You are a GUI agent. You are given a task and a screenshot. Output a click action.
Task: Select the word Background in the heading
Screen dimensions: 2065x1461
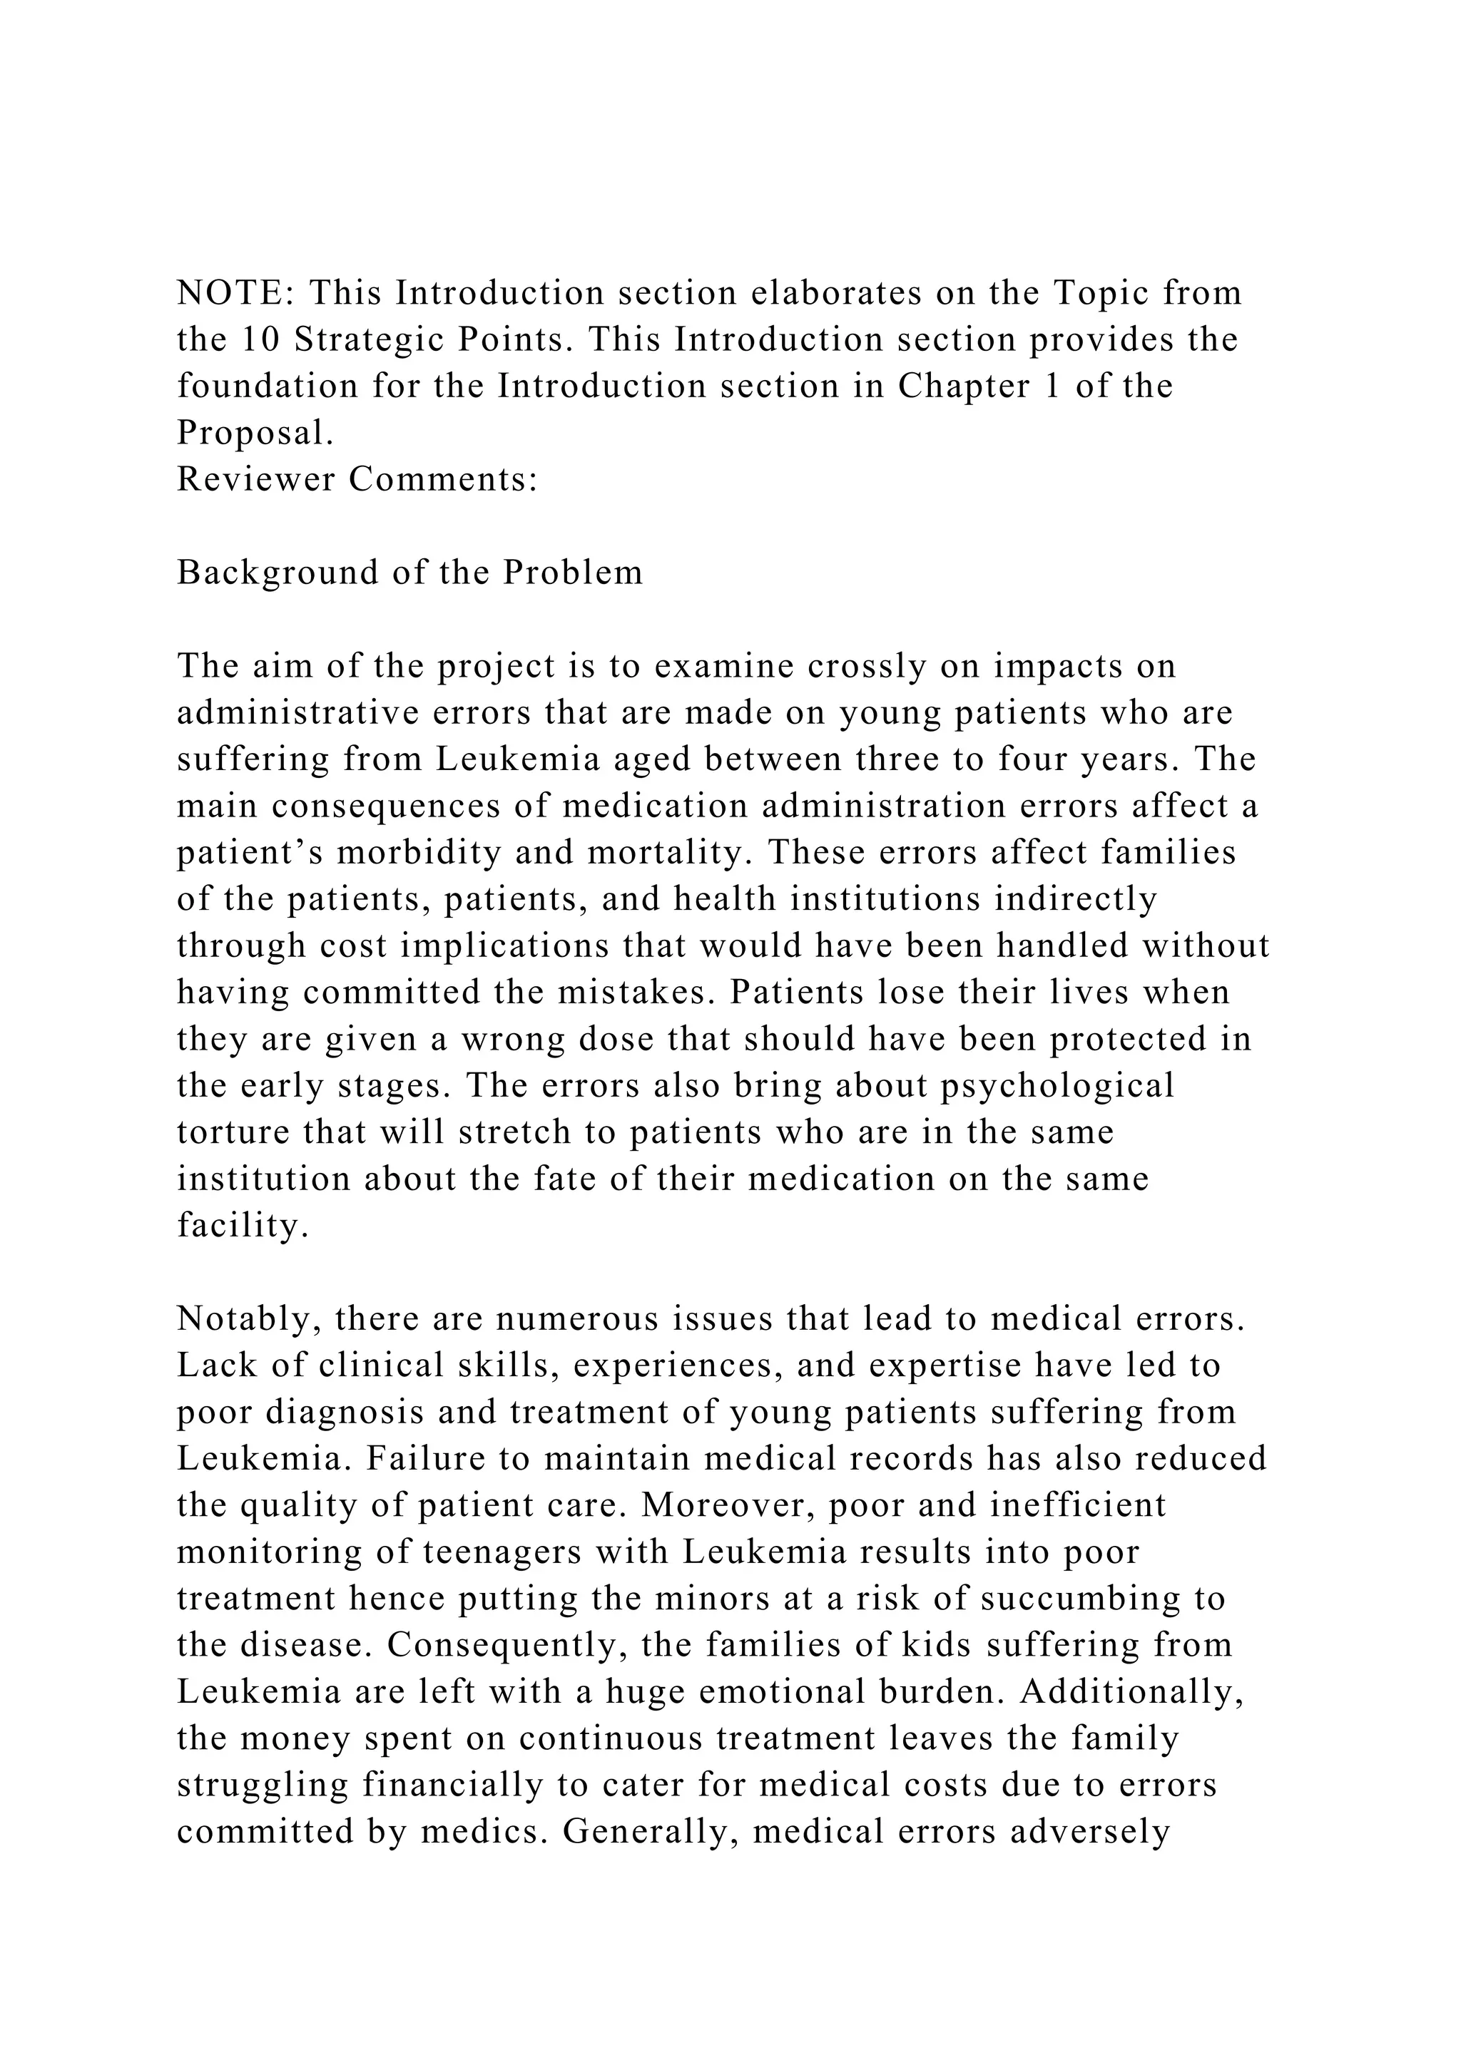[276, 573]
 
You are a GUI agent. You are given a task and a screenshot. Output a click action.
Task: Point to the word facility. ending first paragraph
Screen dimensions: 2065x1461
[243, 1226]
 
